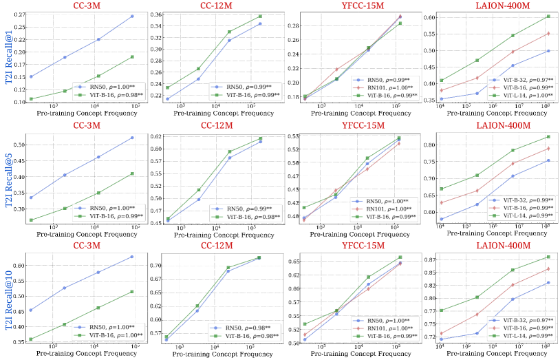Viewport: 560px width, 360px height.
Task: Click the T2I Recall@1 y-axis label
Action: point(9,57)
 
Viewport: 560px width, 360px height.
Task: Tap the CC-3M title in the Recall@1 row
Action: point(87,6)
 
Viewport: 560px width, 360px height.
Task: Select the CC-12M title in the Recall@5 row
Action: point(217,126)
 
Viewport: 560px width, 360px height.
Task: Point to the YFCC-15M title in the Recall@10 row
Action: point(363,246)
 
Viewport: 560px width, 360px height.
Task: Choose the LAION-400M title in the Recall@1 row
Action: point(503,6)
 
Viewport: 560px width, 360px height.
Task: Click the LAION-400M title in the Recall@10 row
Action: point(503,246)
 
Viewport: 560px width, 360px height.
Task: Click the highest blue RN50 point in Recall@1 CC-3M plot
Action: point(132,16)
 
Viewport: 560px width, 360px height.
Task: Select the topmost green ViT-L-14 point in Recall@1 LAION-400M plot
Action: point(548,16)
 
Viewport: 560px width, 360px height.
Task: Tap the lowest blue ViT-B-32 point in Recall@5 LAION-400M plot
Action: point(441,219)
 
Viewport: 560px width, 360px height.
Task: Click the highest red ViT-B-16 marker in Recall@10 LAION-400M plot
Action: point(548,268)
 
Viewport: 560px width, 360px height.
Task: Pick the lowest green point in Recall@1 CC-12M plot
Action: point(168,87)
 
